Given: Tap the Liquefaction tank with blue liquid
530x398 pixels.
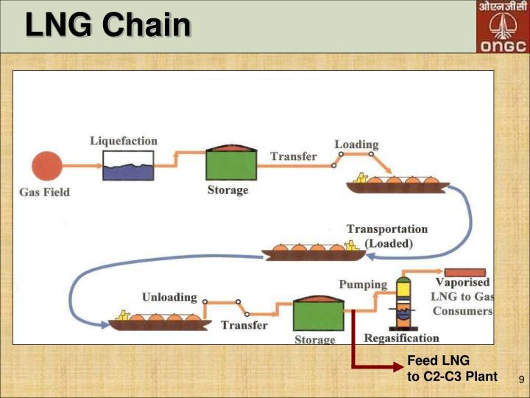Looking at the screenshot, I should [128, 166].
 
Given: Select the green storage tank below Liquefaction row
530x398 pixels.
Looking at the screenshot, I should [231, 162].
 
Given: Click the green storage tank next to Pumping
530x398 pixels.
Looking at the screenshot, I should [319, 315].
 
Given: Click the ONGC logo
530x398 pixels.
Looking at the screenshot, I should [503, 27].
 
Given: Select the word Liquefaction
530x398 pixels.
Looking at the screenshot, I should [124, 140].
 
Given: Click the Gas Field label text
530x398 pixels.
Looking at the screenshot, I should [44, 192].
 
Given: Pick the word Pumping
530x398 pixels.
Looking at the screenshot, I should [362, 284].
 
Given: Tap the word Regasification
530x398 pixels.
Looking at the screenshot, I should [402, 338].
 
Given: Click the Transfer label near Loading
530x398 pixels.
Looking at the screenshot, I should [294, 156].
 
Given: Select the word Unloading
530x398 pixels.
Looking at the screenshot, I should [169, 297].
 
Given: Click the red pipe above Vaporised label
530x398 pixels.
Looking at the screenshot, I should [464, 273].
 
